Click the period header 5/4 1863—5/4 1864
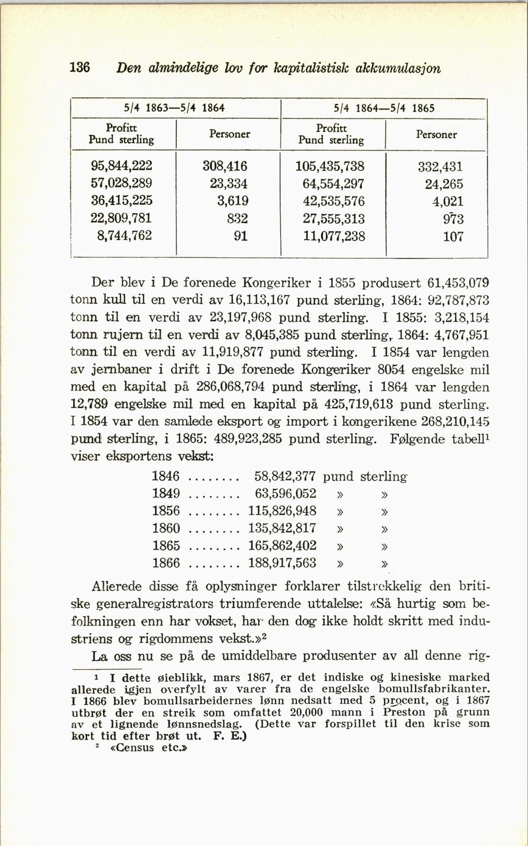(x=175, y=108)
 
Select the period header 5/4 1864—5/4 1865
(x=384, y=108)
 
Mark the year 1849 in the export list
(x=166, y=494)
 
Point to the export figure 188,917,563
(x=282, y=563)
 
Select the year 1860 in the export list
(x=166, y=529)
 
